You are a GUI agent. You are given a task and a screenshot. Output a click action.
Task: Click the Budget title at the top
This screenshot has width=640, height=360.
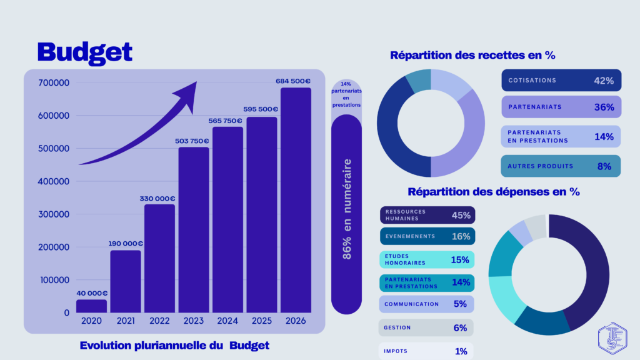[x=84, y=52]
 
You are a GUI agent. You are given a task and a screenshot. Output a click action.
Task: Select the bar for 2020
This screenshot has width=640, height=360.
[x=91, y=306]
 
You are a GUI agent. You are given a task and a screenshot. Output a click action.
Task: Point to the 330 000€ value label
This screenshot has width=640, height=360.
[x=157, y=199]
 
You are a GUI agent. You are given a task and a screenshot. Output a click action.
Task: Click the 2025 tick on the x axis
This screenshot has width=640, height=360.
[x=262, y=321]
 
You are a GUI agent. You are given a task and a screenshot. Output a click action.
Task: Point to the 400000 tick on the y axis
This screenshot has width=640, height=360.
[x=54, y=181]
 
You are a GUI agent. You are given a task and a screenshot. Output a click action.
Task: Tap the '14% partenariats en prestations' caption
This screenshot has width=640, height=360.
[x=346, y=94]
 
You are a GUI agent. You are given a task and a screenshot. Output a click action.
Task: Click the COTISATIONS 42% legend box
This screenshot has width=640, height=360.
[x=561, y=81]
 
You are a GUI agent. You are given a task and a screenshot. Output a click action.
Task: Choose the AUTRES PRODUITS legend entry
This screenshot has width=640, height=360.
[x=561, y=166]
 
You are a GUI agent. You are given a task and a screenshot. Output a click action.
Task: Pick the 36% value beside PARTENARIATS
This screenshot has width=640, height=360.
[x=604, y=107]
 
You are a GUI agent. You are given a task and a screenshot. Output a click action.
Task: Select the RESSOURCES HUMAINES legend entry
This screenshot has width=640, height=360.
[x=427, y=215]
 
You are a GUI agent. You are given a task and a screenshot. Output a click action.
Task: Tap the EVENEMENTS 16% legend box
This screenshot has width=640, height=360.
[x=427, y=236]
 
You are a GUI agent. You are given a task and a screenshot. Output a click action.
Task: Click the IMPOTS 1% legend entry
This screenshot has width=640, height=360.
[x=427, y=351]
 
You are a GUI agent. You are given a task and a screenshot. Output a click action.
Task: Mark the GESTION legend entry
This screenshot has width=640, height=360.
[x=427, y=327]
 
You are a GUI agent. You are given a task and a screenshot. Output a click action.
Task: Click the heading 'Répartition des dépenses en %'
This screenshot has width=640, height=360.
[x=494, y=192]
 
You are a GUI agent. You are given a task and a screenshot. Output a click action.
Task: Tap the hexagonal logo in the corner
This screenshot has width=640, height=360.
[x=611, y=337]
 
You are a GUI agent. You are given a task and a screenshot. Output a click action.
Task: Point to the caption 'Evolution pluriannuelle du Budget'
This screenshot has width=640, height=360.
[x=175, y=345]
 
